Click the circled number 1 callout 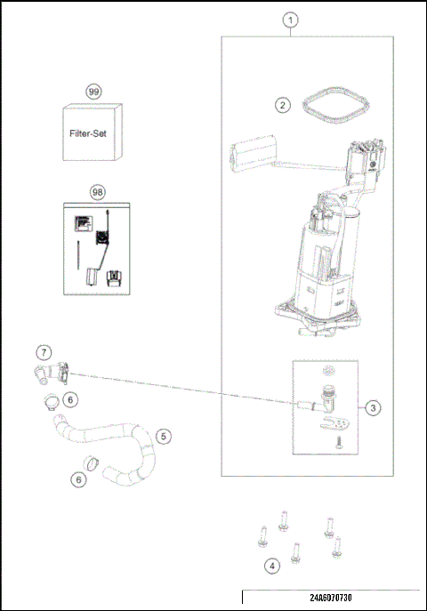tap(290, 19)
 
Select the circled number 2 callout tap(282, 105)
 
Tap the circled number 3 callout tap(374, 407)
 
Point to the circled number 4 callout tap(271, 565)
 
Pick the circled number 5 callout tap(163, 436)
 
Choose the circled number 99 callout tap(93, 92)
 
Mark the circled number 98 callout tap(97, 191)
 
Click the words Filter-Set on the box tap(93, 136)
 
